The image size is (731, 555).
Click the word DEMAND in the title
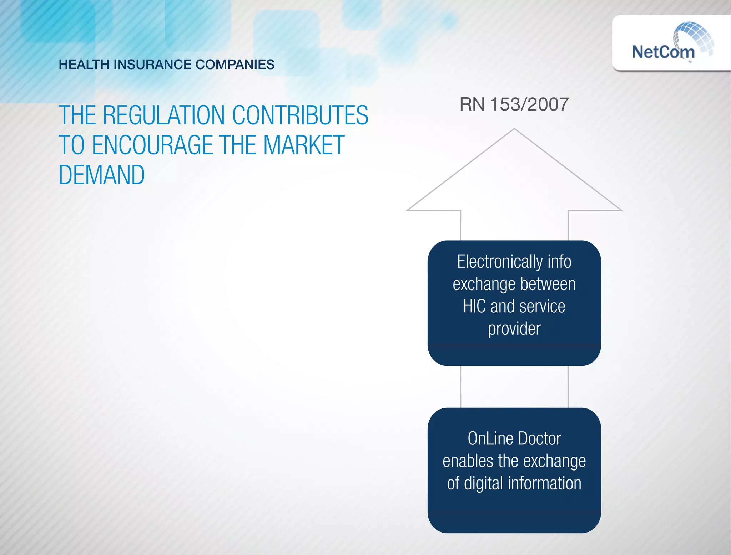point(102,175)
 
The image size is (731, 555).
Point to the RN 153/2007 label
point(514,104)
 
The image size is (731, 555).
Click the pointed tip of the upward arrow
point(514,130)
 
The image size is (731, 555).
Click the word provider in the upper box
point(514,329)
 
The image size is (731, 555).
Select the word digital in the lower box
point(484,483)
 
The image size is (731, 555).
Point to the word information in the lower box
point(545,483)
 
